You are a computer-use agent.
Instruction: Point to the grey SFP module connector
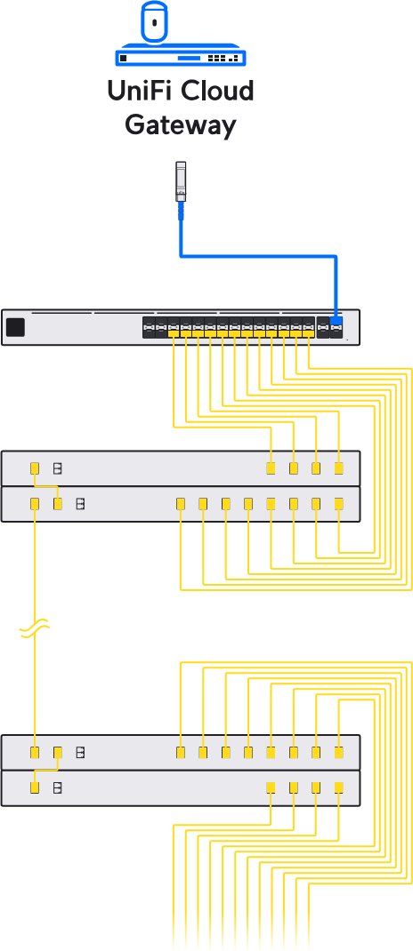tap(181, 181)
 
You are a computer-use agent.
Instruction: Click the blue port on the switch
tap(336, 321)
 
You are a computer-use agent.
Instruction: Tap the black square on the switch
tap(15, 327)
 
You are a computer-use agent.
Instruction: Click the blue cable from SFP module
tap(257, 256)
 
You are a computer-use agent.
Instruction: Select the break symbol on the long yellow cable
tap(34, 629)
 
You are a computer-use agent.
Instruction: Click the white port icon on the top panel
tap(58, 468)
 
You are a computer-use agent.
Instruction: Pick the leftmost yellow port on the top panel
tap(35, 468)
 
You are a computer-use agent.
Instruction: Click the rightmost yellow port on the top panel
tap(339, 468)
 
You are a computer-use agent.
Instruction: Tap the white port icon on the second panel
tap(80, 503)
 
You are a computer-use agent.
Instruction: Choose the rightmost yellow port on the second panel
tap(339, 503)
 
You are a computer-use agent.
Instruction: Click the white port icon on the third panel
tap(79, 753)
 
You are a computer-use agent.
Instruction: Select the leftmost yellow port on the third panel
tap(35, 753)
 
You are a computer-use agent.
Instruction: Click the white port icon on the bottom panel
tap(58, 787)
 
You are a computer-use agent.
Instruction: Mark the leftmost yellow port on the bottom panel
tap(35, 787)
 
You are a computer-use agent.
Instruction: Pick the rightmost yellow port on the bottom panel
tap(339, 787)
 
